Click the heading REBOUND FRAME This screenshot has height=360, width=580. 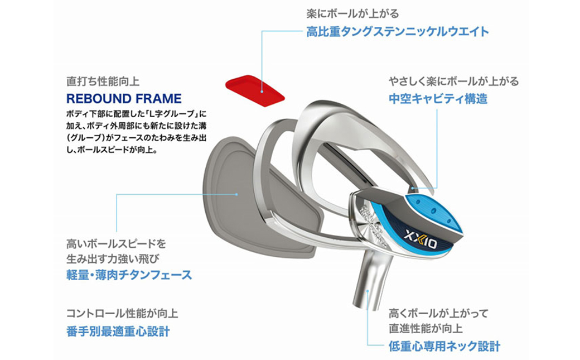(x=124, y=99)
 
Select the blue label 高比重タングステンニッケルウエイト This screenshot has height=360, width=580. (x=397, y=31)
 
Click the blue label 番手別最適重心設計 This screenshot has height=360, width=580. (x=118, y=331)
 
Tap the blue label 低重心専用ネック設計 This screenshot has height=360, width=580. (x=444, y=346)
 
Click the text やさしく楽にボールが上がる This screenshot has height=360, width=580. (x=453, y=81)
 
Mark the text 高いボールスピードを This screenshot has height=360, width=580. (x=116, y=244)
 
